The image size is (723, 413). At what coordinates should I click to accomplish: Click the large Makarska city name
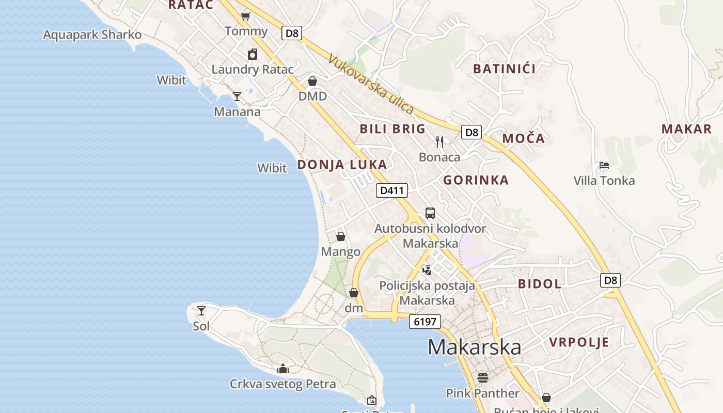click(474, 347)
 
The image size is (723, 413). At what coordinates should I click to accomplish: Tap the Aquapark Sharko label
click(92, 35)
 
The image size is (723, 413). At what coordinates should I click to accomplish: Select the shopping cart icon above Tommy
click(246, 17)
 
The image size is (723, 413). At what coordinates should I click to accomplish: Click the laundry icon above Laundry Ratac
click(253, 54)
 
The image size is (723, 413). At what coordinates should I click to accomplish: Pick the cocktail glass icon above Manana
click(237, 96)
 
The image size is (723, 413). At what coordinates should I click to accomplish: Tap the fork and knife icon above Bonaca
click(439, 141)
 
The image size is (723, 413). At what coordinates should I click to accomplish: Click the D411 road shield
click(391, 190)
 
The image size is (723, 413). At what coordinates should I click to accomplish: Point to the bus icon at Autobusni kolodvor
click(430, 213)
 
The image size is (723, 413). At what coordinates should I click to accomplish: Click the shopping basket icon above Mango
click(341, 236)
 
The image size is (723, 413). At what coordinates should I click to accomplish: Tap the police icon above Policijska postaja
click(427, 269)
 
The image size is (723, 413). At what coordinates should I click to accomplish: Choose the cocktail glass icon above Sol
click(201, 311)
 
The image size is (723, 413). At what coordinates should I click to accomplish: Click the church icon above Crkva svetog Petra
click(282, 369)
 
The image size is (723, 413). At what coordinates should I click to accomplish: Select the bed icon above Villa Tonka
click(604, 165)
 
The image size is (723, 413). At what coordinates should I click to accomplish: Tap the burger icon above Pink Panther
click(483, 378)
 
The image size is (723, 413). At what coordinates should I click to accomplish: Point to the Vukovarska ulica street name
click(371, 84)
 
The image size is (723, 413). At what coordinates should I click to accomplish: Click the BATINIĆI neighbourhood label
click(504, 68)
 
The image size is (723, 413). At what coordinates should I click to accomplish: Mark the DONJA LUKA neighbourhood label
click(342, 165)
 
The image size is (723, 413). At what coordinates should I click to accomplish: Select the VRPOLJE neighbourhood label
click(579, 342)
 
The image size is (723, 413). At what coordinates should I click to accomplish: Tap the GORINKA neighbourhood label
click(476, 180)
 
